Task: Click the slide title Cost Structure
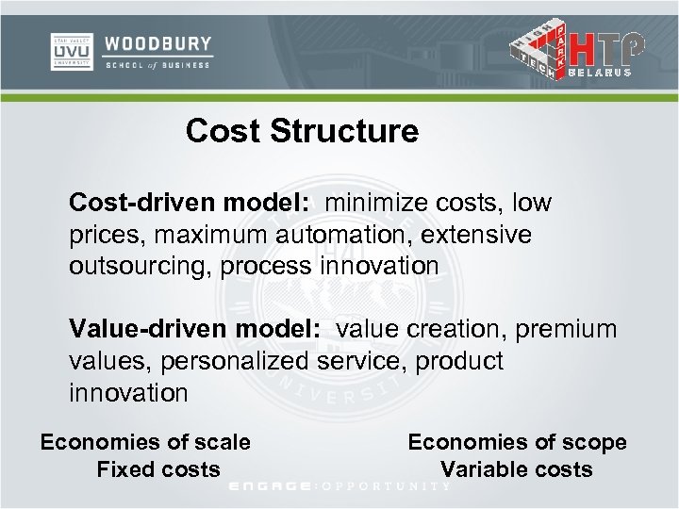(302, 131)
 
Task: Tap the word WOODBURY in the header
(157, 44)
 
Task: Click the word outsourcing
(139, 266)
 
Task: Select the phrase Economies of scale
(145, 442)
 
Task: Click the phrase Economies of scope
(517, 442)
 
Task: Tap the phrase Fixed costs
(158, 469)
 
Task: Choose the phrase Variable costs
(517, 469)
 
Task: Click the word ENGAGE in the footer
(271, 486)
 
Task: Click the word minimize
(378, 203)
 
